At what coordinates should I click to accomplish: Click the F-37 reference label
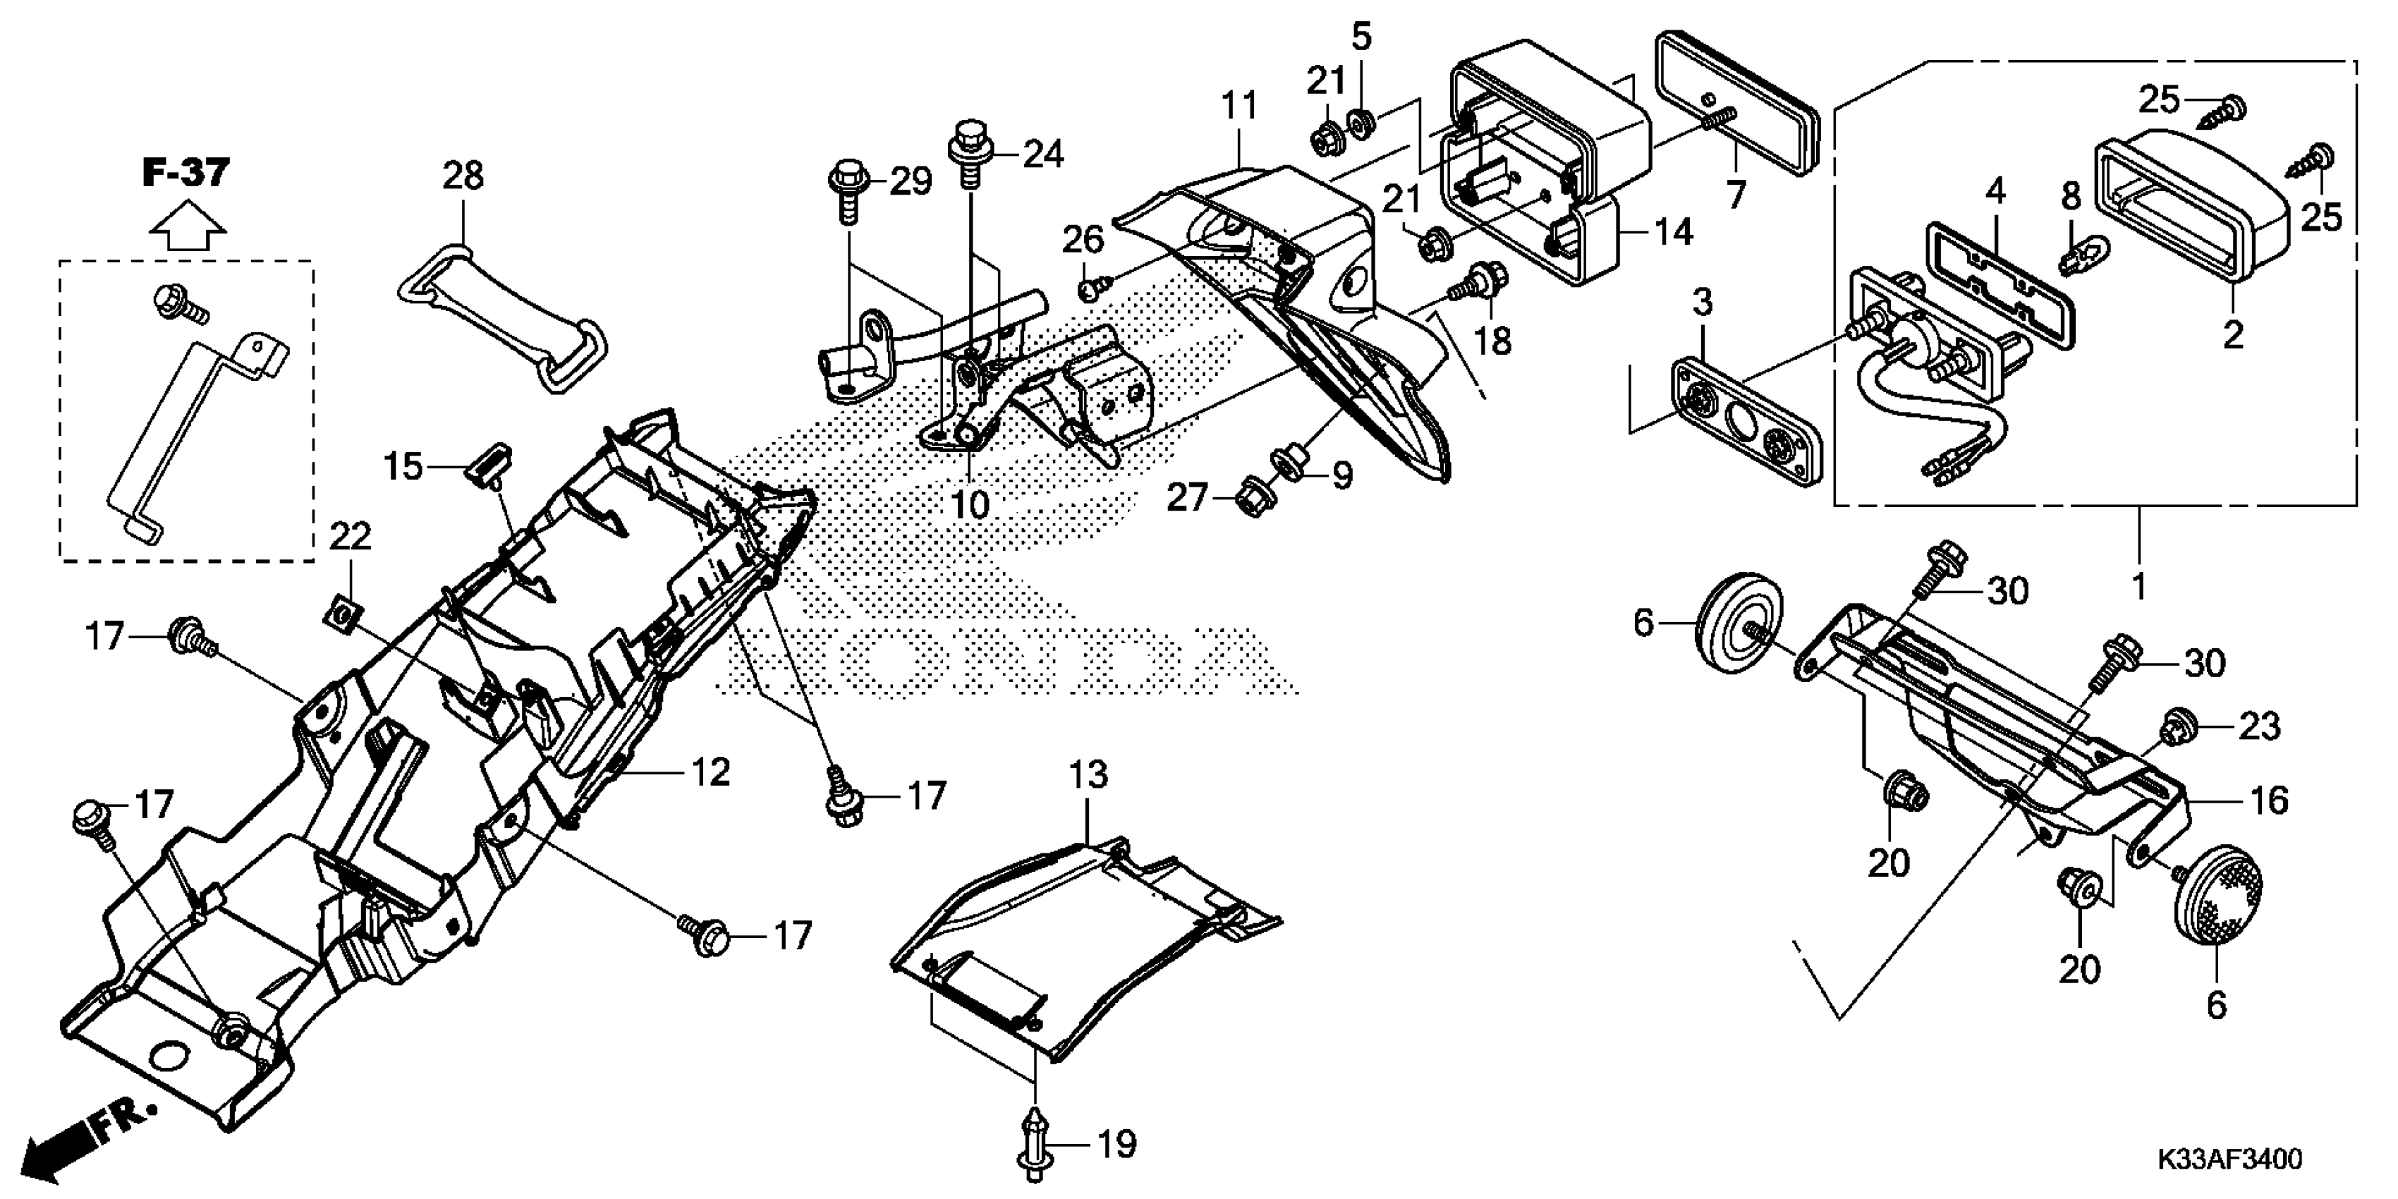click(x=186, y=173)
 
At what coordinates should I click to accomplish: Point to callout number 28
click(x=463, y=175)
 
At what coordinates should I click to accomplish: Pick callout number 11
click(x=1239, y=106)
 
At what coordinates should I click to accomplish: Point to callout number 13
click(x=1088, y=774)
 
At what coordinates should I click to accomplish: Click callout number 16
click(x=2270, y=800)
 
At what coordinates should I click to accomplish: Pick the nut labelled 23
click(x=2176, y=727)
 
